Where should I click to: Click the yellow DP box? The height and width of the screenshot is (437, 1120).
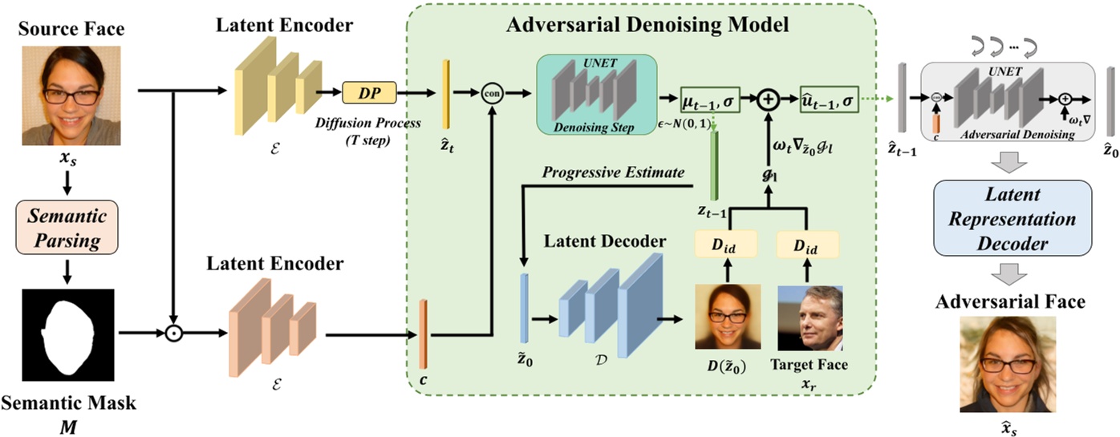[369, 93]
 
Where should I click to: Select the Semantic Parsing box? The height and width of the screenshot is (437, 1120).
[67, 228]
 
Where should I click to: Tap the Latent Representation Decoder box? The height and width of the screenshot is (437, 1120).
[1012, 218]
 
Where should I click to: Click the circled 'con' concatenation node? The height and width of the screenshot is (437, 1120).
[492, 94]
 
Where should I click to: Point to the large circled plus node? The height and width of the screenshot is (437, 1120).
[768, 99]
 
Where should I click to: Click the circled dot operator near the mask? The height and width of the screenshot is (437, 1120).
[173, 333]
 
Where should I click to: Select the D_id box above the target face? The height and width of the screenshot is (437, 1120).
[807, 245]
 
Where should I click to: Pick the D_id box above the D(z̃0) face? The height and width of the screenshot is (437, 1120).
[725, 245]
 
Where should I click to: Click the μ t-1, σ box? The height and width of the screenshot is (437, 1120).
[709, 100]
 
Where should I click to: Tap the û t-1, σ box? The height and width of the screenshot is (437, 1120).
[829, 100]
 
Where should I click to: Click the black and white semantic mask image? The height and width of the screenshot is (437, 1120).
[68, 335]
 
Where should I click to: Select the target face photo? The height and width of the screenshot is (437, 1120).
[810, 318]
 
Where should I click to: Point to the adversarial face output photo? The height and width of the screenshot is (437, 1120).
[1008, 364]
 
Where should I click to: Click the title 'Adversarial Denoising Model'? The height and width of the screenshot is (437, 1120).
[647, 25]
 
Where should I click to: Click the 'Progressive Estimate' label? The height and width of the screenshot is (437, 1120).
[613, 172]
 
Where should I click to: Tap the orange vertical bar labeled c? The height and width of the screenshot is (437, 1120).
[423, 334]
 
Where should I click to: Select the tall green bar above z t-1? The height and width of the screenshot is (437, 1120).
[714, 165]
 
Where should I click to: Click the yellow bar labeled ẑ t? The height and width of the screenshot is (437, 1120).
[446, 95]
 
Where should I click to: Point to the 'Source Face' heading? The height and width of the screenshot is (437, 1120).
[71, 29]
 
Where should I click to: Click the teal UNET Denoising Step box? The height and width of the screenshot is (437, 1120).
[596, 95]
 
